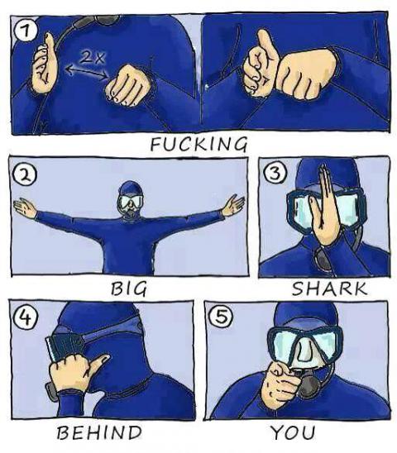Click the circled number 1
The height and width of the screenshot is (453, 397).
click(27, 32)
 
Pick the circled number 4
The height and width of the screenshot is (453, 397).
click(25, 318)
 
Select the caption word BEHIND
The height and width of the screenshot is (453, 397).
click(99, 432)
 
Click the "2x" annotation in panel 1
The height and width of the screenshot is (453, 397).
click(93, 58)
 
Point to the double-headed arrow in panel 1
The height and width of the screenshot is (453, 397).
click(86, 72)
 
